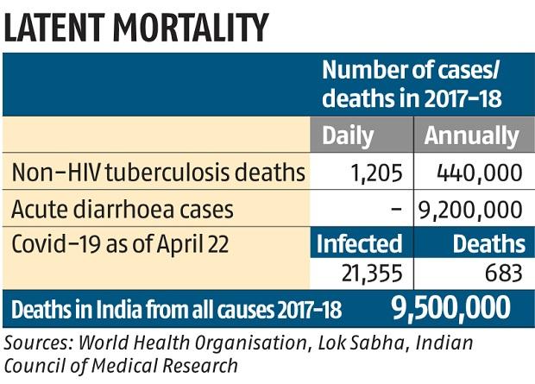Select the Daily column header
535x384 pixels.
(348, 135)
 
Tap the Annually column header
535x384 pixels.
(472, 135)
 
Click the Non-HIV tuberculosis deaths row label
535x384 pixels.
(159, 173)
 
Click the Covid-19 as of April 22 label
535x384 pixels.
(120, 244)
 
